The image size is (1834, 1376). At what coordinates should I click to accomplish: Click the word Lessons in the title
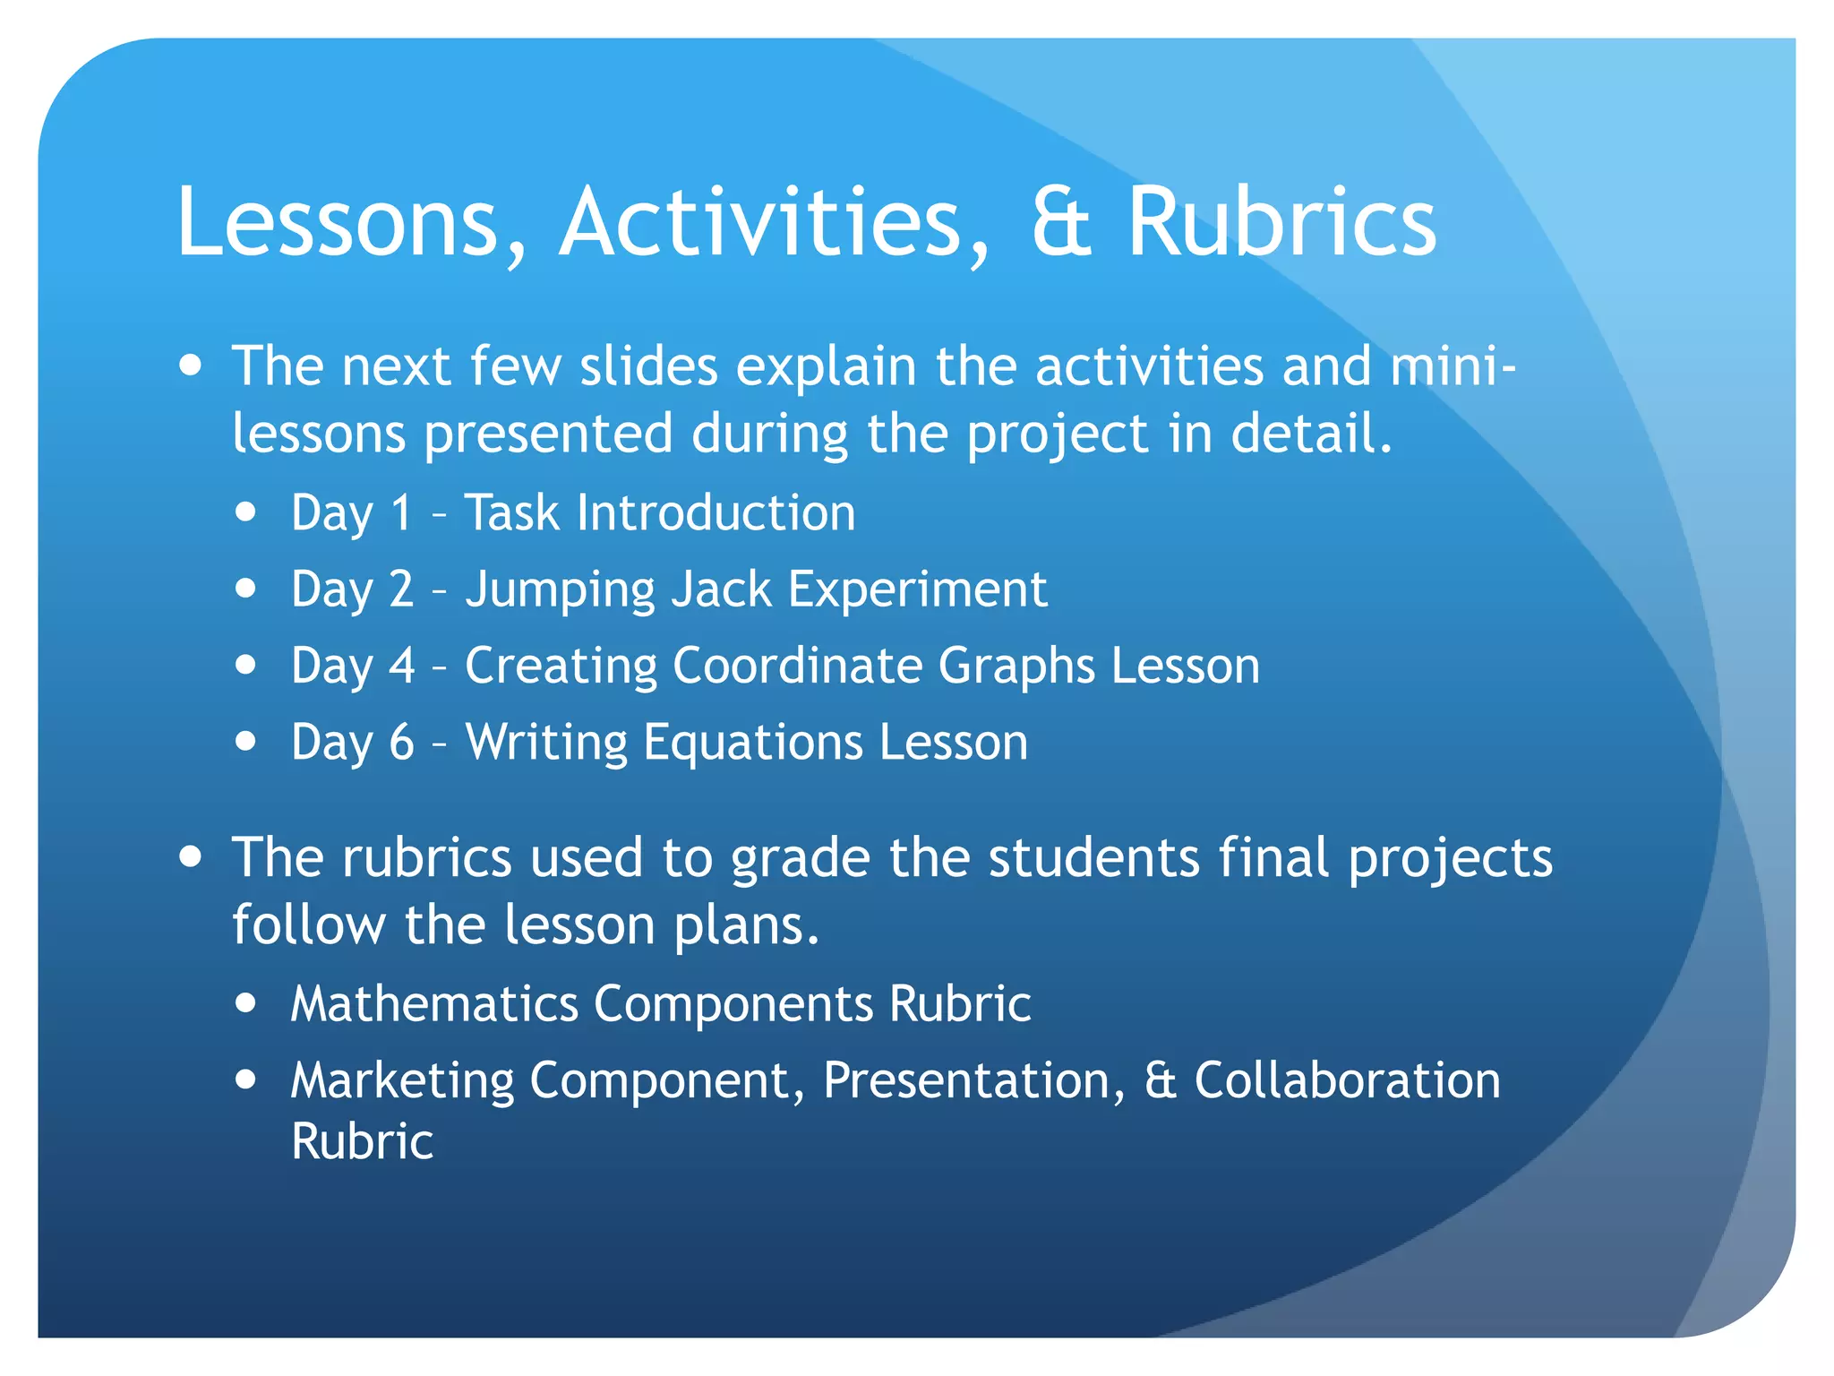[337, 222]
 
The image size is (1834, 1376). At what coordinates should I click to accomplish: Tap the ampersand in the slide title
[1061, 222]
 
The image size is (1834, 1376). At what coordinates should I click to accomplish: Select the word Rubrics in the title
[1281, 222]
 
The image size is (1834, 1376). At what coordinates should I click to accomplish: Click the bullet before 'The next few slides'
[190, 365]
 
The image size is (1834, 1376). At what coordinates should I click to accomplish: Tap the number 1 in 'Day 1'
[401, 512]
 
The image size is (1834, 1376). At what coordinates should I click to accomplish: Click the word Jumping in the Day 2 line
[560, 591]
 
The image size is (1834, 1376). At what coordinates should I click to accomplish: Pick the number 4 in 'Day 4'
[402, 666]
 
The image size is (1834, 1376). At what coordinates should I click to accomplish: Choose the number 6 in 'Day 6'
[402, 742]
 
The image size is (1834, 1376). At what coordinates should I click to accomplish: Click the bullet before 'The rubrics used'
[190, 856]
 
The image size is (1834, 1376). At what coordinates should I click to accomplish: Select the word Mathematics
[434, 1003]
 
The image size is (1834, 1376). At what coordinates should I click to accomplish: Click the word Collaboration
[1347, 1079]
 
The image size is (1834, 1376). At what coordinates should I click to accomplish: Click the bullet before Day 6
[245, 741]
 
